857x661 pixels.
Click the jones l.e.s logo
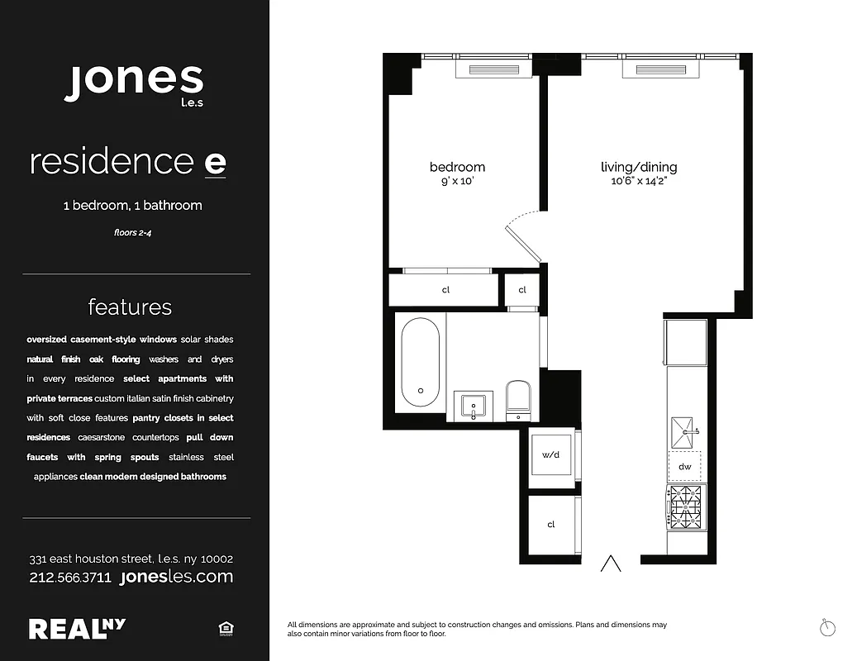point(134,83)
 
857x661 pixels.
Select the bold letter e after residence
point(214,162)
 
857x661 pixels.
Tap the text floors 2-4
point(132,233)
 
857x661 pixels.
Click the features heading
point(130,307)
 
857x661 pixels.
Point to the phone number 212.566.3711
point(70,578)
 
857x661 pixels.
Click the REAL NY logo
point(78,629)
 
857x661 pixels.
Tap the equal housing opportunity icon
point(225,630)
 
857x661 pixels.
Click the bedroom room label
point(457,167)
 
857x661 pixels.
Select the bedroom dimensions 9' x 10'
point(457,181)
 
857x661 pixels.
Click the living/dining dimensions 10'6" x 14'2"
point(639,181)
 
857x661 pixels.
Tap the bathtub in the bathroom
point(420,362)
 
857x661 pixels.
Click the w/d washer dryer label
point(551,454)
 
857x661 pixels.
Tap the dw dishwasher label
point(684,467)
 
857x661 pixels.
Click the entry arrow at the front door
point(611,564)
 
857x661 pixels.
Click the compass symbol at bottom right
point(827,628)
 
